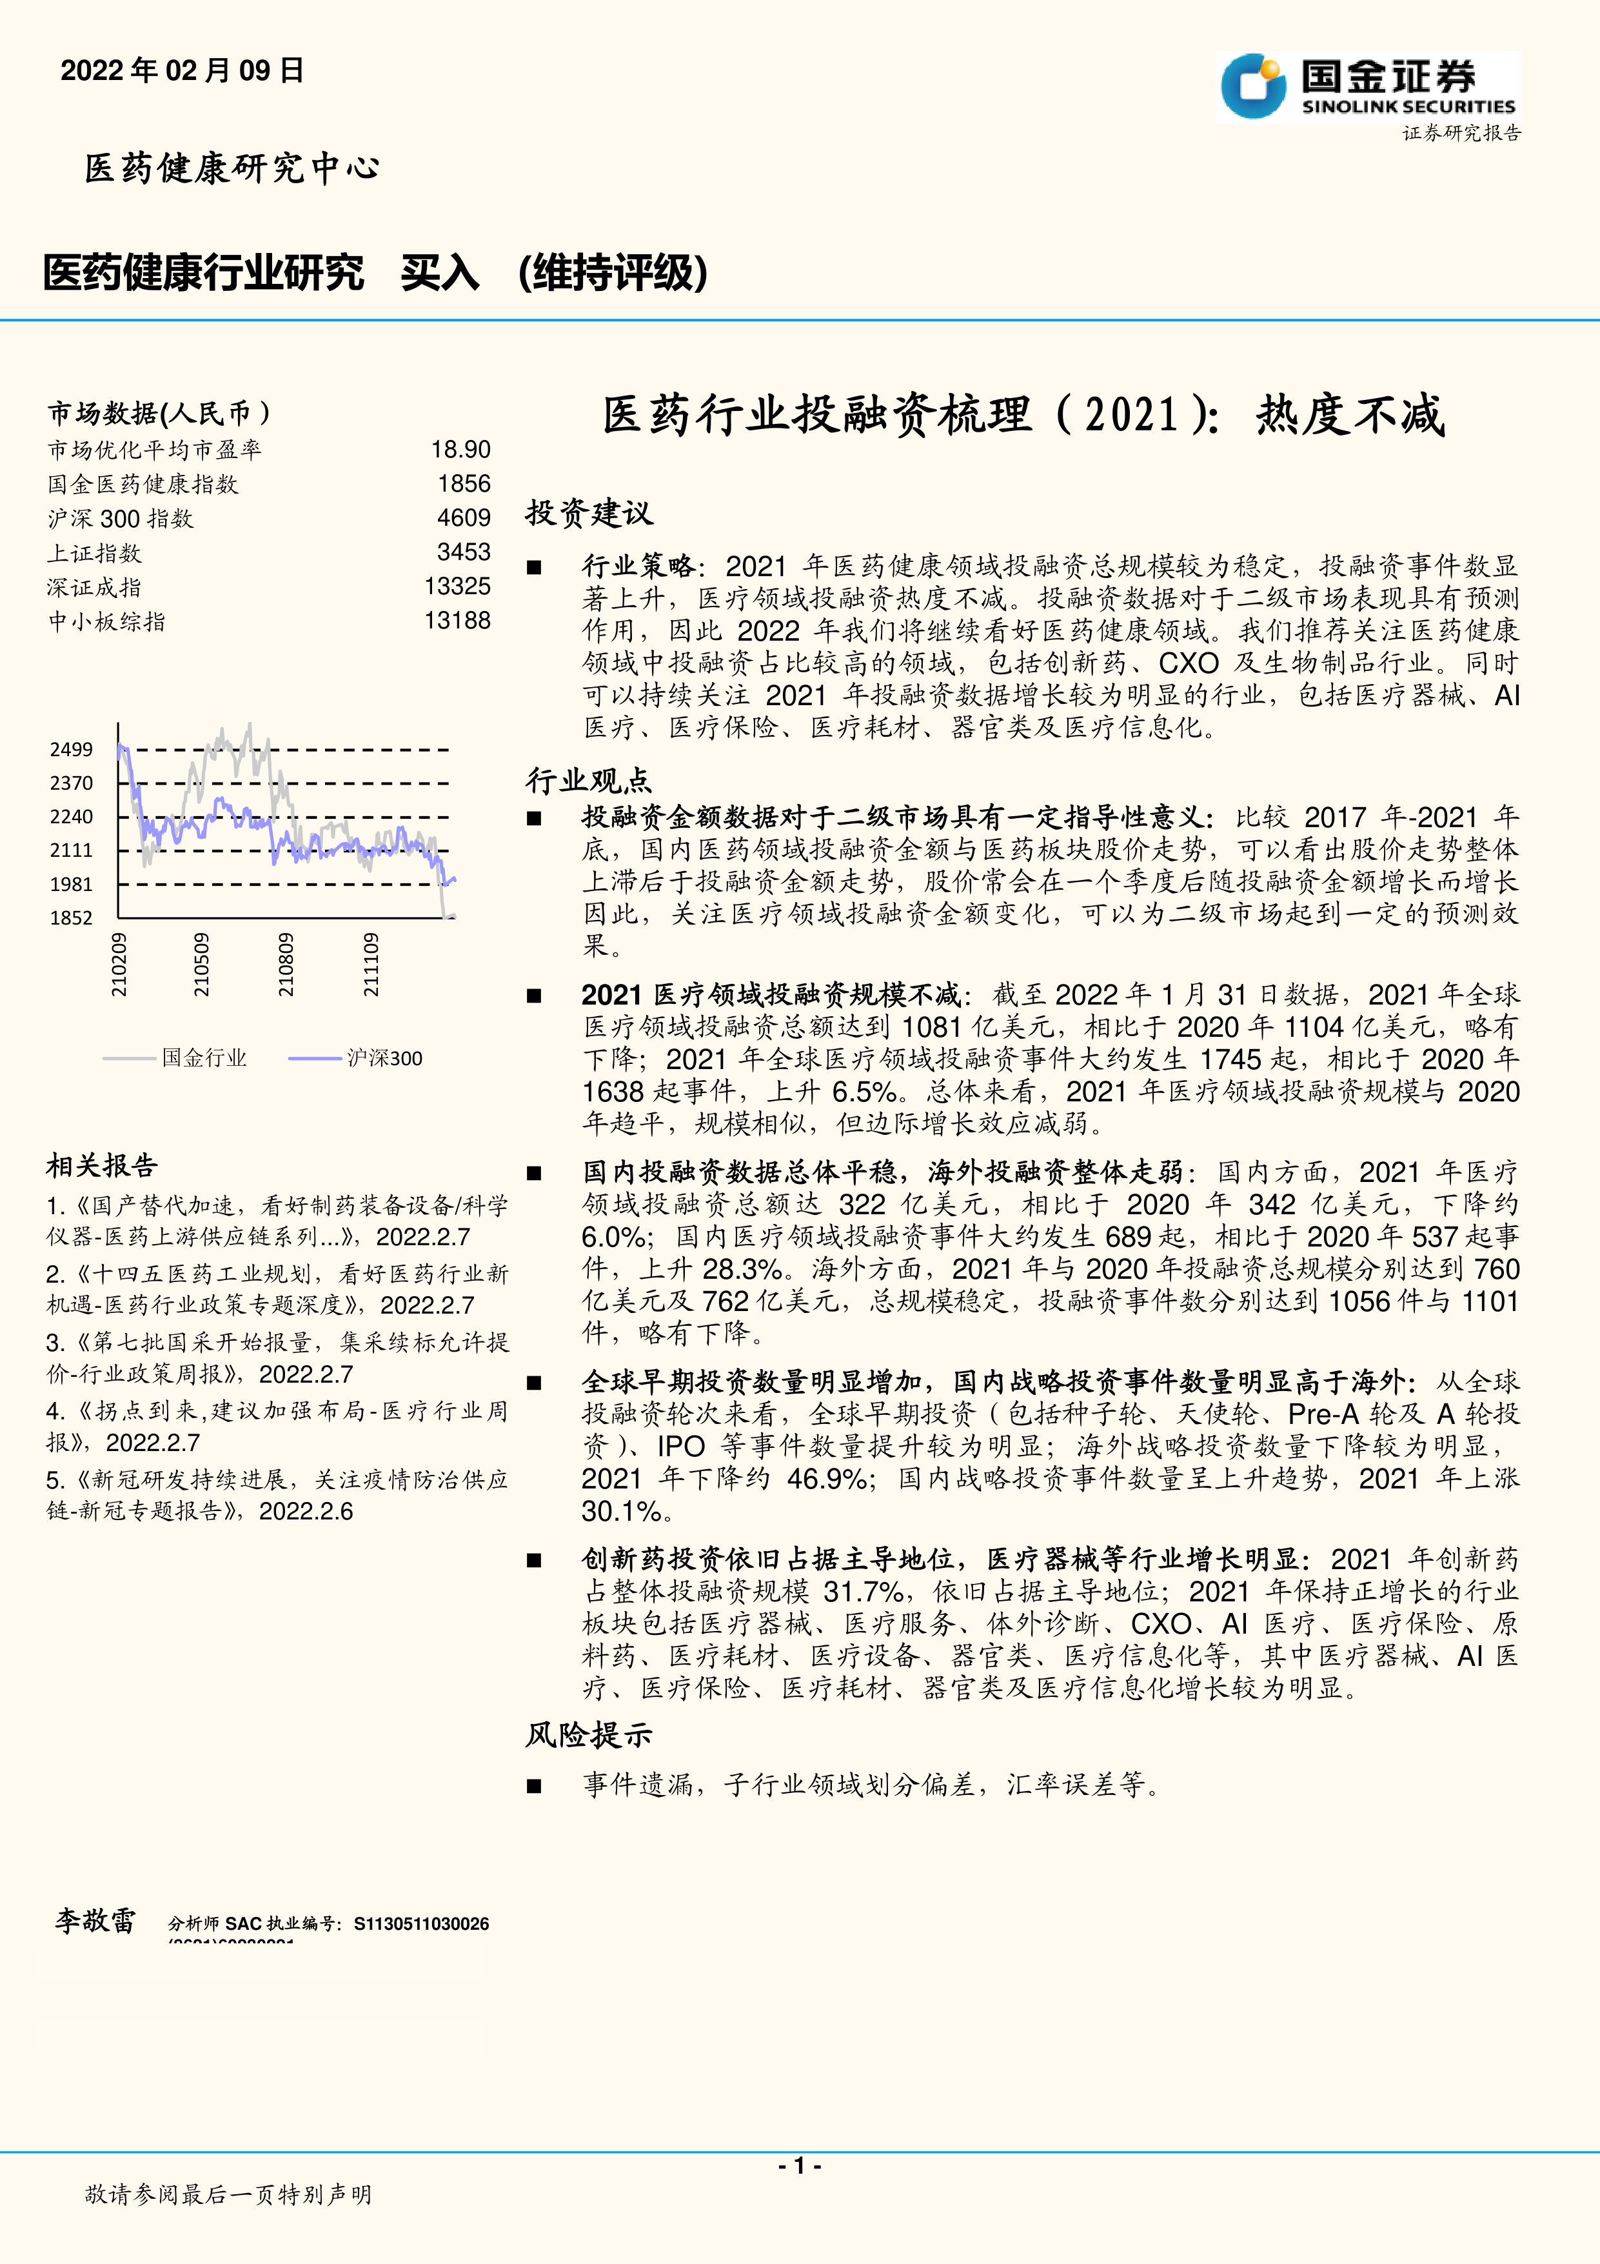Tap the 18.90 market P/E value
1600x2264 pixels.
point(460,450)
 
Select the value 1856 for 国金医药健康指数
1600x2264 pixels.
point(464,484)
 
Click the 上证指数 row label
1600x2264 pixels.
point(95,553)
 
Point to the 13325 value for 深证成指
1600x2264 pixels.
point(457,586)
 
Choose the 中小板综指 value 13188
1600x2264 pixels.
point(457,620)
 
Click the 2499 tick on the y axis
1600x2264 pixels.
point(71,750)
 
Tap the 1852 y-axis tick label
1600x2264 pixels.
point(71,918)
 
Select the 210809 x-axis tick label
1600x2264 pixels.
point(286,965)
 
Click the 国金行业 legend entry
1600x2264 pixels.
point(204,1058)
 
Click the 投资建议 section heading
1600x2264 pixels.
point(589,513)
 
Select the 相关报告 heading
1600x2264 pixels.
point(101,1165)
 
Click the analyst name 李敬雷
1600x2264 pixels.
point(95,1920)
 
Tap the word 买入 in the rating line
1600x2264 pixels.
point(440,273)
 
